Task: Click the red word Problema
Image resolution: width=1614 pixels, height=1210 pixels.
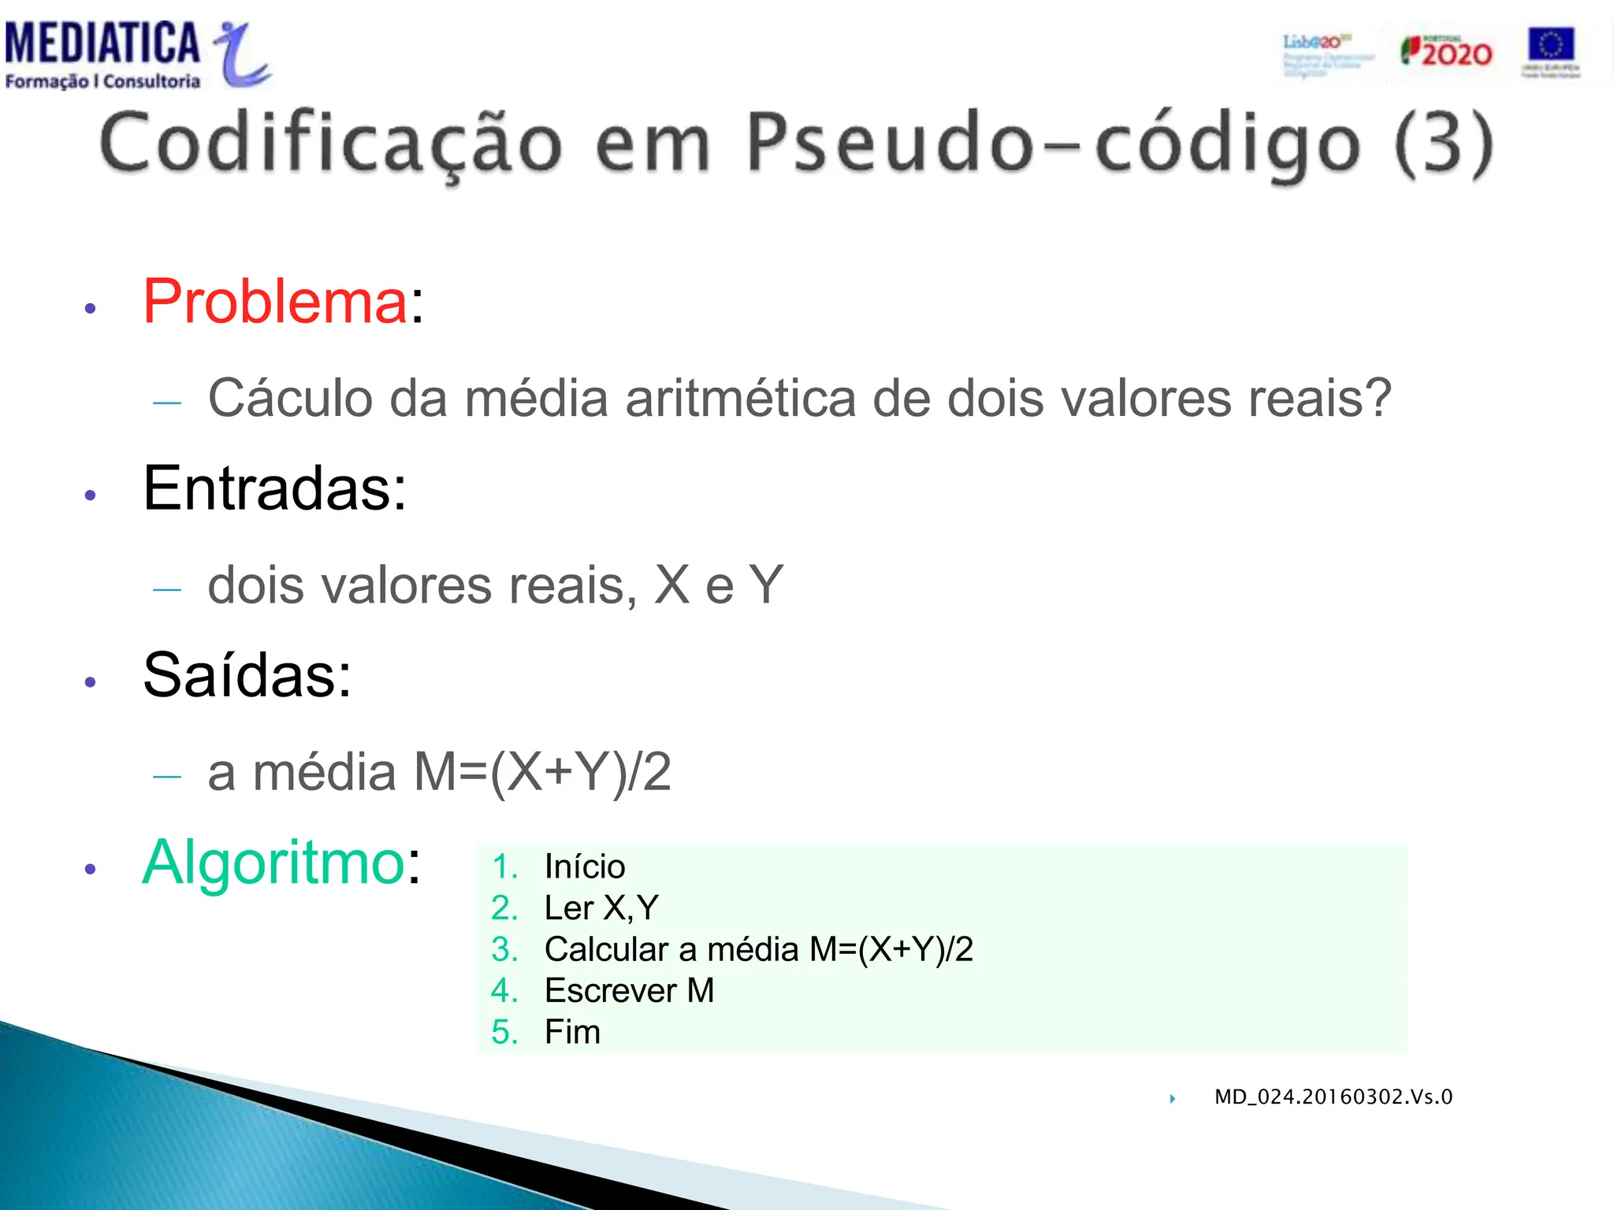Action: tap(275, 302)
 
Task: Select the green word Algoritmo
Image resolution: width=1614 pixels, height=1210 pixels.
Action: tap(273, 863)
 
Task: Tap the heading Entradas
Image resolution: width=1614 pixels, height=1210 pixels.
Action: tap(274, 488)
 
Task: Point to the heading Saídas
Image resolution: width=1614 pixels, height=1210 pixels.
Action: tap(247, 676)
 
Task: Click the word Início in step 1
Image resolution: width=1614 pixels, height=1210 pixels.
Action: tap(584, 867)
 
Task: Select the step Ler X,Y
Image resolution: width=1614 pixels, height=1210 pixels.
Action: tap(601, 908)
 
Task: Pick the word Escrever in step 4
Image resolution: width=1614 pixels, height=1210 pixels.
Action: tap(610, 991)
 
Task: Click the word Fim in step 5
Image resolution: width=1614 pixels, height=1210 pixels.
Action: tap(572, 1032)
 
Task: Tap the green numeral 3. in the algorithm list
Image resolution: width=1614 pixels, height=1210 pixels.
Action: tap(504, 949)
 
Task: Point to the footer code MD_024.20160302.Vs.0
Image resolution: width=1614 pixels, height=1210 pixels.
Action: tap(1333, 1097)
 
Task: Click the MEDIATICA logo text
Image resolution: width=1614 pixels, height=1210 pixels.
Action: tap(102, 44)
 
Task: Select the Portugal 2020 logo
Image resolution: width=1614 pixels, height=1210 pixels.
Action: tap(1446, 52)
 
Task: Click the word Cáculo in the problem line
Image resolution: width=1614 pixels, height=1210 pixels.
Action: tap(289, 399)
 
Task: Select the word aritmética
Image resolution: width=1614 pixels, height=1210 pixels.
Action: tap(740, 399)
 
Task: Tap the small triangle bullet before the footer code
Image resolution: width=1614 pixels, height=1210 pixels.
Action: tap(1173, 1098)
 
